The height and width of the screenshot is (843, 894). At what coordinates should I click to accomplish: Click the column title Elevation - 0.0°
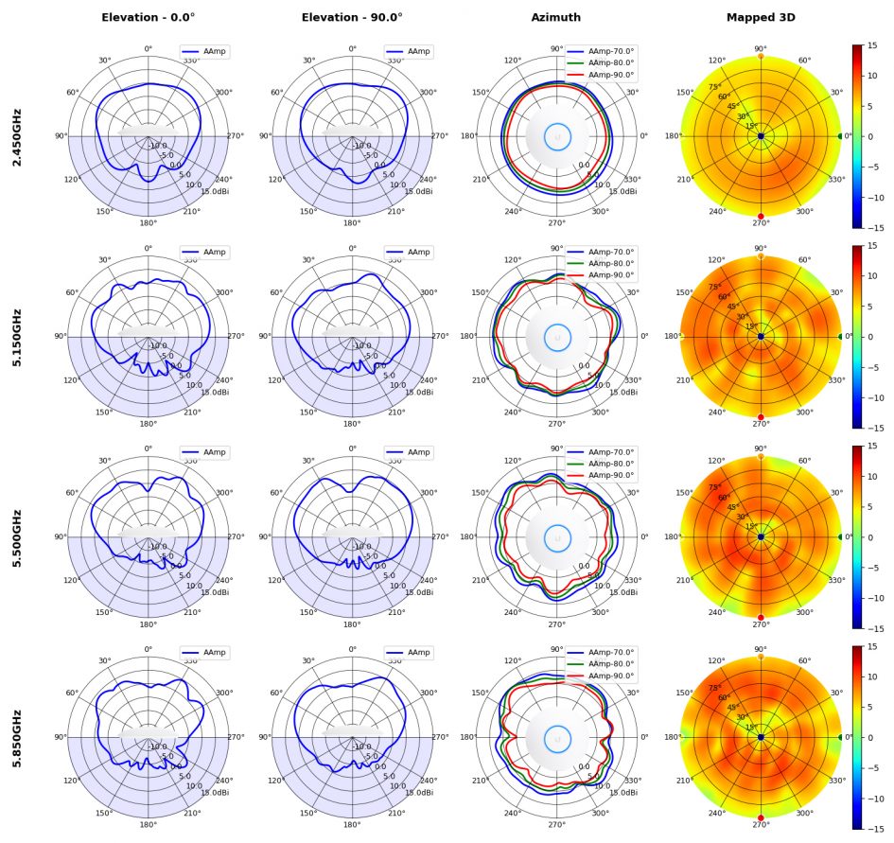point(148,17)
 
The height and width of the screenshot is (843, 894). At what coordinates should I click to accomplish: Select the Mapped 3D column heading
point(760,17)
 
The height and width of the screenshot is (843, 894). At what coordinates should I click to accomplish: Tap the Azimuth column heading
point(555,17)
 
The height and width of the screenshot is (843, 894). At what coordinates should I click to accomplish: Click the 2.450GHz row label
point(17,136)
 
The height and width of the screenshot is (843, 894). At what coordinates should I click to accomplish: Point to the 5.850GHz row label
point(17,737)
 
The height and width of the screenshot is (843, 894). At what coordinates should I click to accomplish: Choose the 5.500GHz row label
point(17,537)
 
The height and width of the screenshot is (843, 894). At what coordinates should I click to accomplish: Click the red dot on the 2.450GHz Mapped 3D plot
point(761,217)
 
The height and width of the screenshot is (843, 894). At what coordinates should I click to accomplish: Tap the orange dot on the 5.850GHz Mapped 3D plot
point(761,657)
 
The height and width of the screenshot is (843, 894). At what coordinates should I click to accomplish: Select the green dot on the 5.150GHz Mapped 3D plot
point(840,337)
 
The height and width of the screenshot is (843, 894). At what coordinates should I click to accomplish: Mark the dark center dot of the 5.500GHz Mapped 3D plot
point(761,537)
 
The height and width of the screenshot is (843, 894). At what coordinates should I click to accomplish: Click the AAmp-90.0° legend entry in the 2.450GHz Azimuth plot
point(610,74)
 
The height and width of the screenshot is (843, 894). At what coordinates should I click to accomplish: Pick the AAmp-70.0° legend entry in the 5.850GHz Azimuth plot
point(610,653)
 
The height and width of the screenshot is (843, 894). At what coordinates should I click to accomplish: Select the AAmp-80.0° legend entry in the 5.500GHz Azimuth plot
point(610,464)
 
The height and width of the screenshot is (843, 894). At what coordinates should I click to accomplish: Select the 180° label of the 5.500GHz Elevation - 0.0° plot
point(148,624)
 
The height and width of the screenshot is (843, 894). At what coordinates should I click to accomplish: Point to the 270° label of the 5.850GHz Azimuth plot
point(556,824)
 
